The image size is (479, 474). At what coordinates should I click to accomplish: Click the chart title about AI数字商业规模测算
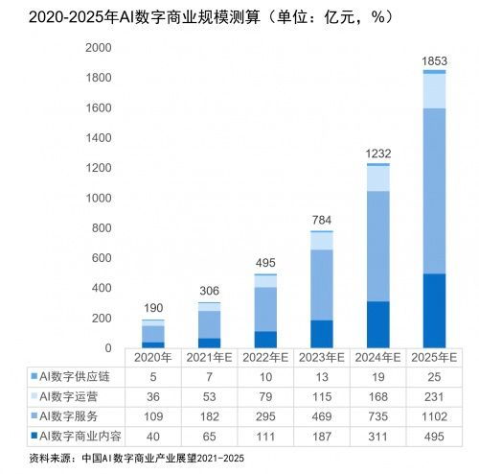click(x=197, y=16)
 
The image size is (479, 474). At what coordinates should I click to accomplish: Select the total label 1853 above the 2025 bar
click(x=434, y=61)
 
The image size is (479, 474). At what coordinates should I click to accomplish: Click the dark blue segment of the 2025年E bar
click(x=434, y=311)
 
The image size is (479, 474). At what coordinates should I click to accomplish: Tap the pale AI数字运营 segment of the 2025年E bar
click(x=434, y=91)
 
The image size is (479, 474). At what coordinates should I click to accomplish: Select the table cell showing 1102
click(x=434, y=416)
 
